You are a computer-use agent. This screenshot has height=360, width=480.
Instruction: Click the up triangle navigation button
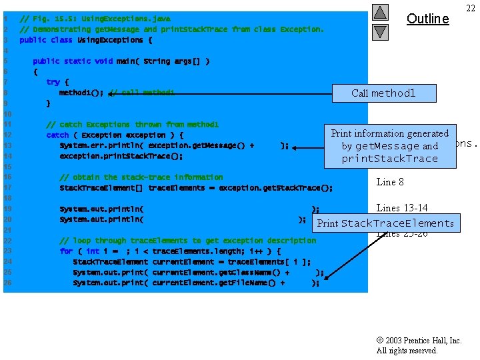pyautogui.click(x=379, y=12)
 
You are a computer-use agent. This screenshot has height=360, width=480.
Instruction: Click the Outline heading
pyautogui.click(x=427, y=19)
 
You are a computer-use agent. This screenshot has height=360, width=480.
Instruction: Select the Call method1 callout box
pyautogui.click(x=383, y=93)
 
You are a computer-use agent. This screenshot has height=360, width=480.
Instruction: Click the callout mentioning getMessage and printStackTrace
pyautogui.click(x=390, y=146)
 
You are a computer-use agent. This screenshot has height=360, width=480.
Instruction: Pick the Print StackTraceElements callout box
pyautogui.click(x=386, y=223)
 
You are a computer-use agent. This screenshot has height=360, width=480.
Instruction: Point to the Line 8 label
pyautogui.click(x=390, y=182)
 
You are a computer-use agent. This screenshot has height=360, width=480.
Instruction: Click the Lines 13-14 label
pyautogui.click(x=402, y=208)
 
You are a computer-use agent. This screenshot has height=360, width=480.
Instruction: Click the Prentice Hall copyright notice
pyautogui.click(x=419, y=345)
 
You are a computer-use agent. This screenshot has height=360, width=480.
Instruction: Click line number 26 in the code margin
pyautogui.click(x=7, y=283)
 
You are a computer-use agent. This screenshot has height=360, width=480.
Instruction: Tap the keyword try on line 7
pyautogui.click(x=53, y=82)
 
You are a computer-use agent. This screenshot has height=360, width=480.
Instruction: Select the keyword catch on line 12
pyautogui.click(x=57, y=135)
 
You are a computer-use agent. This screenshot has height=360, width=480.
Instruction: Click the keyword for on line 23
pyautogui.click(x=65, y=251)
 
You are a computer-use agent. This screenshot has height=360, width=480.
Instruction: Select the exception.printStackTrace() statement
pyautogui.click(x=121, y=156)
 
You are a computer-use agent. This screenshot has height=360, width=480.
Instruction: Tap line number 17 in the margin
pyautogui.click(x=7, y=188)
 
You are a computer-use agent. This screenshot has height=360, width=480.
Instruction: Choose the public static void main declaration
pyautogui.click(x=121, y=61)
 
